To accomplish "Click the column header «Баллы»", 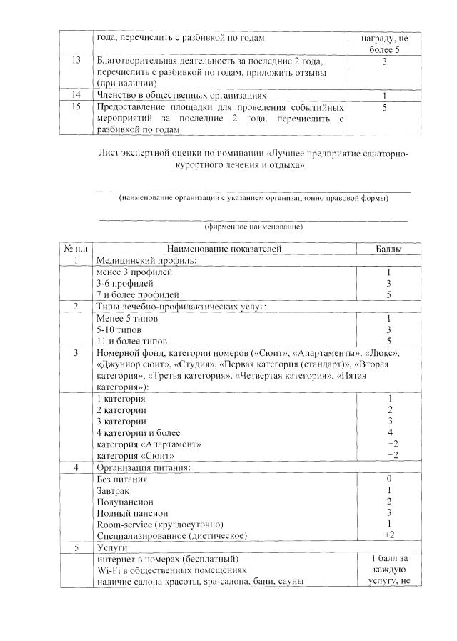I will click(x=388, y=249).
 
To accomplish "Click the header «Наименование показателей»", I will click(x=224, y=249).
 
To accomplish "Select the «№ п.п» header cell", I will click(x=76, y=249).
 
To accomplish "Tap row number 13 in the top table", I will click(x=76, y=62).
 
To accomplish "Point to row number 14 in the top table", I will click(x=76, y=95).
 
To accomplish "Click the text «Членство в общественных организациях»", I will click(x=181, y=95).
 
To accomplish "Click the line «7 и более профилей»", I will click(x=137, y=294).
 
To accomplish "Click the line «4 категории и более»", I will click(x=139, y=432).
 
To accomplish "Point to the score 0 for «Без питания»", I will click(x=388, y=479).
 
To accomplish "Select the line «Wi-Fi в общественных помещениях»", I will click(x=171, y=570).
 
